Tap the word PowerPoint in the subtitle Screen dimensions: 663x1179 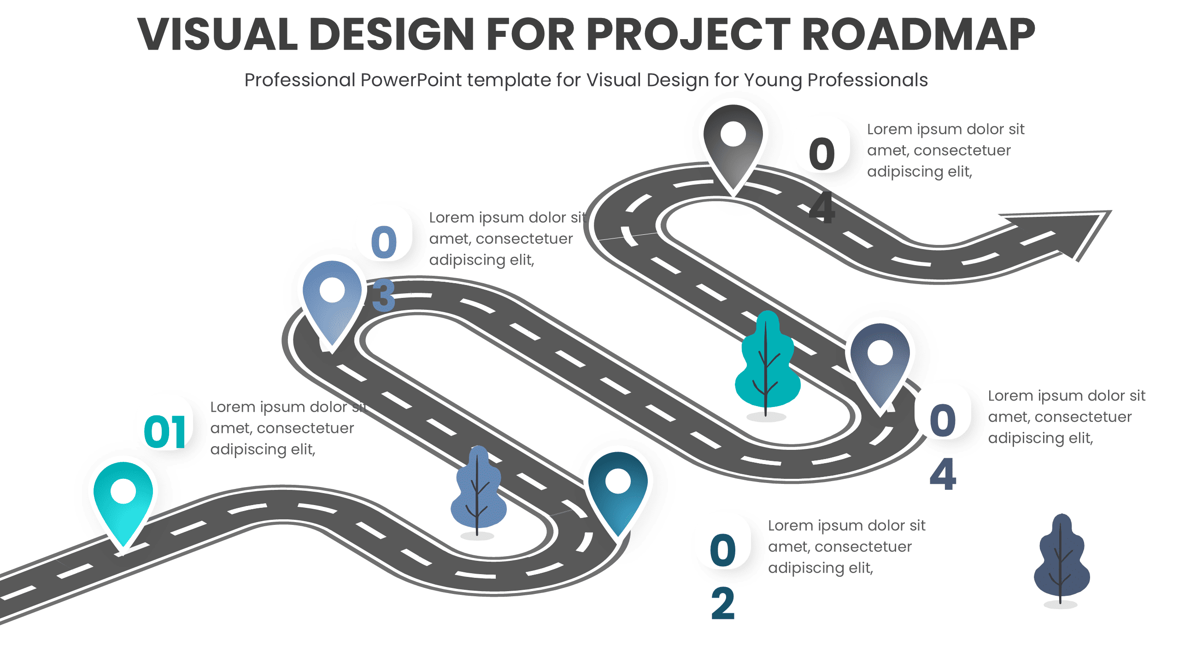pyautogui.click(x=411, y=80)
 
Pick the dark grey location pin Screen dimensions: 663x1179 pyautogui.click(x=733, y=143)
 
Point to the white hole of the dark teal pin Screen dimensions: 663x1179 pyautogui.click(x=618, y=481)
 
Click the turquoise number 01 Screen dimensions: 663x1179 pyautogui.click(x=165, y=432)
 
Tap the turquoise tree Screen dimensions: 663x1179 pyautogui.click(x=766, y=364)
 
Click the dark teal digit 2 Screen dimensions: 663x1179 pyautogui.click(x=722, y=604)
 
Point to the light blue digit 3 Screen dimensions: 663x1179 pyautogui.click(x=383, y=295)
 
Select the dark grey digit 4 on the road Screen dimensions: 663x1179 pyautogui.click(x=822, y=208)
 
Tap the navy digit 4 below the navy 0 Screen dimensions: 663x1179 pyautogui.click(x=943, y=474)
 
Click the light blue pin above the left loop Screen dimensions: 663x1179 pyautogui.click(x=332, y=299)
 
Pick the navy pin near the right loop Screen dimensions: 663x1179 pyautogui.click(x=880, y=361)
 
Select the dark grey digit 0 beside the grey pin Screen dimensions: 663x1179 pyautogui.click(x=821, y=154)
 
